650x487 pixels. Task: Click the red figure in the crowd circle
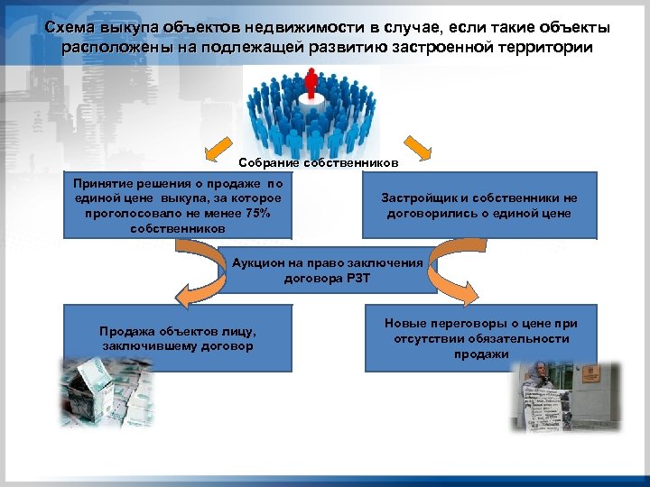313,87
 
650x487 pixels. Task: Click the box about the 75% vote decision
178,205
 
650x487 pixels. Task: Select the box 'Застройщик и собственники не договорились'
479,206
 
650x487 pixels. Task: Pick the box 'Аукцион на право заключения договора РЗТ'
326,270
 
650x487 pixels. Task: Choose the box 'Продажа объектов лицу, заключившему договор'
178,337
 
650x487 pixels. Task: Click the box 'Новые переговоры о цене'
479,337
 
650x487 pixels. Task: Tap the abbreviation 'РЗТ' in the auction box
357,278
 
